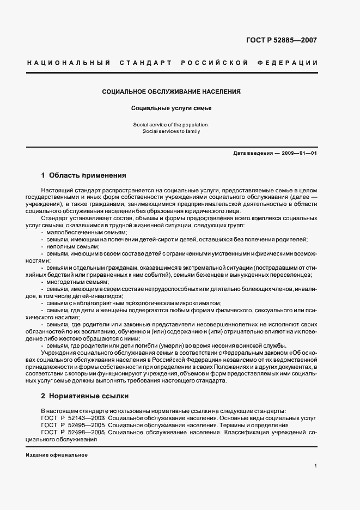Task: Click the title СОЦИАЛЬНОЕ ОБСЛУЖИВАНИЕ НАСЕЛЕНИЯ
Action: pyautogui.click(x=172, y=92)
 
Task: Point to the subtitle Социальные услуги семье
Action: pyautogui.click(x=172, y=108)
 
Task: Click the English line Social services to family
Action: pyautogui.click(x=172, y=131)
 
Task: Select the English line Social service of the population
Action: pyautogui.click(x=172, y=125)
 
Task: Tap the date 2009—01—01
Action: pyautogui.click(x=300, y=153)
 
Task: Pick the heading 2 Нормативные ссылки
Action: pyautogui.click(x=84, y=396)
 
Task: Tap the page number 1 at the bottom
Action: pyautogui.click(x=315, y=466)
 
